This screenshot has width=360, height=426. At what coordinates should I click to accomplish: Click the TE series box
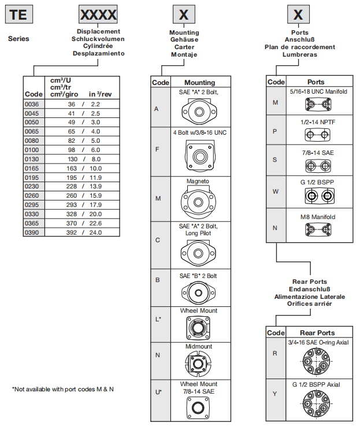tap(18, 14)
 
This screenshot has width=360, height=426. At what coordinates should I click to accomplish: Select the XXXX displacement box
tap(98, 14)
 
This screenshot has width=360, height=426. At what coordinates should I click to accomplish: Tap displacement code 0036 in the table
tap(34, 104)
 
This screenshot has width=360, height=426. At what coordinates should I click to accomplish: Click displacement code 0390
tap(34, 232)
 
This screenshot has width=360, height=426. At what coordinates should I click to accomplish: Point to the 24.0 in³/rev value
tap(95, 232)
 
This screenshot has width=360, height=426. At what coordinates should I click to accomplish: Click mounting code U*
tap(158, 392)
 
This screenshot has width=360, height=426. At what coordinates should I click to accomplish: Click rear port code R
tap(275, 353)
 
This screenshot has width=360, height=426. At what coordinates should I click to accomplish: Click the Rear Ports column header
tap(317, 333)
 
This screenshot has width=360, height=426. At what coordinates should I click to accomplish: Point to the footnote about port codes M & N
tap(63, 389)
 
